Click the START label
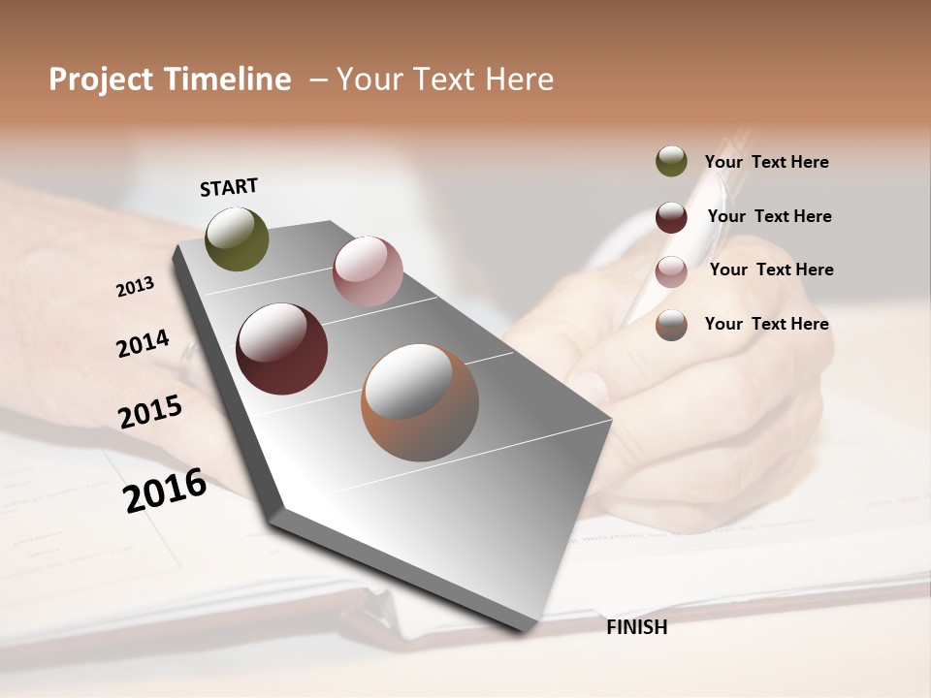click(x=229, y=187)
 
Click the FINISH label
click(x=637, y=627)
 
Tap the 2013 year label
click(x=136, y=287)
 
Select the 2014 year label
click(x=144, y=344)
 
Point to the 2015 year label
click(x=150, y=412)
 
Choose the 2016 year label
click(x=165, y=490)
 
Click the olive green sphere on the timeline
click(x=237, y=239)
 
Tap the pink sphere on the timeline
click(x=368, y=271)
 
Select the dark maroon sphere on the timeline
click(x=281, y=349)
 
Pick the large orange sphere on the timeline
click(x=420, y=402)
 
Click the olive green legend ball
click(x=671, y=162)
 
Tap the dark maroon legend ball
click(x=671, y=217)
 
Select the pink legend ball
click(x=671, y=271)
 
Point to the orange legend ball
click(x=671, y=325)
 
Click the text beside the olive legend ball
click(x=766, y=163)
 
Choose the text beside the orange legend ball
click(x=766, y=324)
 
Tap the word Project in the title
click(x=101, y=79)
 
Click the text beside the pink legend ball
click(x=771, y=270)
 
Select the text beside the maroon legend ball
click(x=769, y=216)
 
